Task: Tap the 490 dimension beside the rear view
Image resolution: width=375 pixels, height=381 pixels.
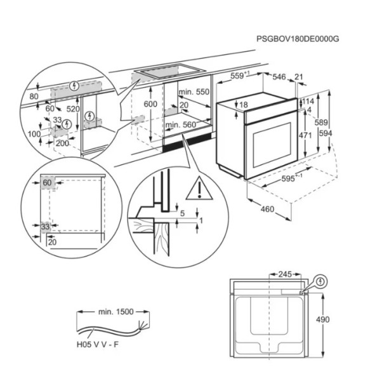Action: (324, 319)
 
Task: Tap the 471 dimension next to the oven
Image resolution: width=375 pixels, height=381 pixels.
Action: (305, 135)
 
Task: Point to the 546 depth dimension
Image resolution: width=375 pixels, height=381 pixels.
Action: (280, 77)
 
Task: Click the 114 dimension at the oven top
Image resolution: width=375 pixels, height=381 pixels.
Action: (308, 101)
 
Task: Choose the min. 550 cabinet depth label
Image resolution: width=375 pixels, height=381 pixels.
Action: (194, 92)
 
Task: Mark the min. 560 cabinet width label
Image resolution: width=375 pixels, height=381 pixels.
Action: (181, 125)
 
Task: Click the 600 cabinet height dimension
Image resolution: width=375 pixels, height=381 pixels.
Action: (150, 104)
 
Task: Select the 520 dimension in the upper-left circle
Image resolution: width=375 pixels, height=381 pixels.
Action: (73, 109)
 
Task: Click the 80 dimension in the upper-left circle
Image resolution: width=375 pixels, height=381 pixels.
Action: (34, 97)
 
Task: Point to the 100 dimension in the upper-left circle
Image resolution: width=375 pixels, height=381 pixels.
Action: (34, 135)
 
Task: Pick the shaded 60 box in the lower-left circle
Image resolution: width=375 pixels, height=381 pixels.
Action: (48, 183)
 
